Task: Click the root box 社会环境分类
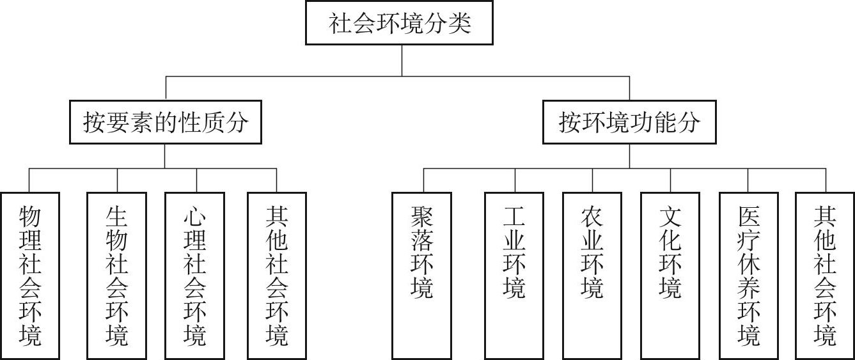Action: point(400,24)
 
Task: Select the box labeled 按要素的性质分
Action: point(164,121)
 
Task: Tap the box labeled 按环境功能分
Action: point(629,121)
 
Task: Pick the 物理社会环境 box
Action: point(31,275)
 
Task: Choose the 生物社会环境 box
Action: point(117,275)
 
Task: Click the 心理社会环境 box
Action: point(195,275)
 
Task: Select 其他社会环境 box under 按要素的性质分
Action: point(277,275)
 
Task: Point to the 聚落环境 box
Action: point(423,275)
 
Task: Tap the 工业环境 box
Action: point(515,275)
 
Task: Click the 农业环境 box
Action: point(593,275)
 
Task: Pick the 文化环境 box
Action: point(671,275)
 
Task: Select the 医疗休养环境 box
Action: point(749,275)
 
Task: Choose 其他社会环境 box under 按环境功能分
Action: point(826,275)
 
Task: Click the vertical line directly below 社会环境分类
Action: point(401,60)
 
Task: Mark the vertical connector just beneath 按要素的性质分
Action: point(164,156)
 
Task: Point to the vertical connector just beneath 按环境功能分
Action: point(629,156)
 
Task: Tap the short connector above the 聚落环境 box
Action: point(423,180)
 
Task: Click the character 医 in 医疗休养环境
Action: point(749,217)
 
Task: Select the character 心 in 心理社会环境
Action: point(195,217)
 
